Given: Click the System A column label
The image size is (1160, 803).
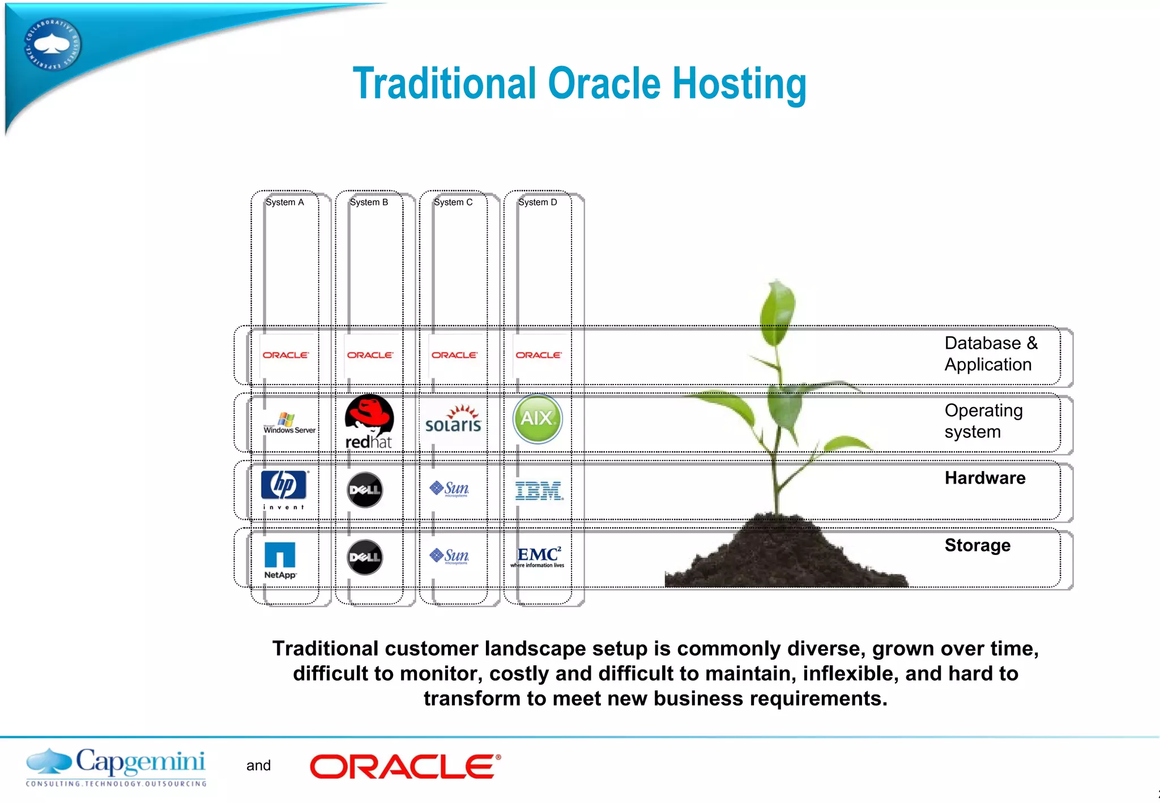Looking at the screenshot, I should click(285, 202).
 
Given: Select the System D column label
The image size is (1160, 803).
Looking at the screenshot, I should click(538, 202).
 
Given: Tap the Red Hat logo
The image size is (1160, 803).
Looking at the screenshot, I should click(369, 422).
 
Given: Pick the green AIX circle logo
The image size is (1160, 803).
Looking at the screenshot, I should click(537, 418).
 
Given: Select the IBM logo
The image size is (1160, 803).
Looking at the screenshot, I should click(539, 490).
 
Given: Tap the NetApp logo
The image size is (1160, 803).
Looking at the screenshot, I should click(280, 560).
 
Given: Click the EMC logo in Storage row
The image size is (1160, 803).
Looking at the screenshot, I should click(538, 556).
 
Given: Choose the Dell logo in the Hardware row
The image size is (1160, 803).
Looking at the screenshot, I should click(365, 490).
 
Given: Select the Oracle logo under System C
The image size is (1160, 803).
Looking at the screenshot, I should click(454, 355).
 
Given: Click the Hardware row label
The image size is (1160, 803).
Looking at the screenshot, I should click(984, 478).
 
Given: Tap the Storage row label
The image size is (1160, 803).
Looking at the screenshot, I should click(977, 545).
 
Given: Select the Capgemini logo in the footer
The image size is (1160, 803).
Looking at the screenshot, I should click(116, 767).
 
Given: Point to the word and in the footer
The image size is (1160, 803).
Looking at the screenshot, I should click(258, 766).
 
